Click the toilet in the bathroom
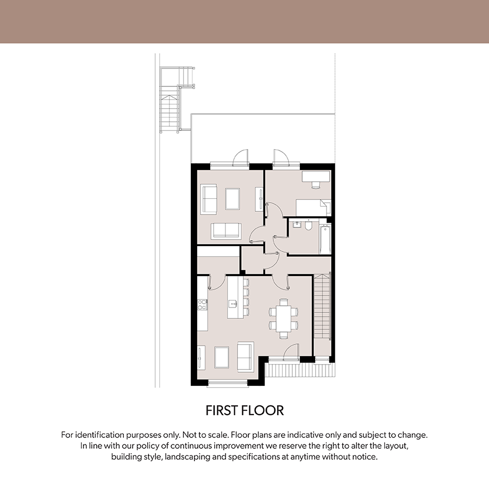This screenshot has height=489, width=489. (x=308, y=225)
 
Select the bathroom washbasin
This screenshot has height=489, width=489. (x=297, y=224)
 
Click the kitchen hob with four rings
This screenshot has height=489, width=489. (x=202, y=305)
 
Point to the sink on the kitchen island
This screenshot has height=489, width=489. (x=233, y=303)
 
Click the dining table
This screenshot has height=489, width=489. (x=284, y=319)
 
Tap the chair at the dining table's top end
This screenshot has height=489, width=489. (x=284, y=302)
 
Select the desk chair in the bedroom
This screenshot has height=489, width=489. (x=316, y=185)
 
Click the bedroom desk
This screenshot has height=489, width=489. (x=316, y=176)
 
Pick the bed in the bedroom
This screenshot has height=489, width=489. (x=313, y=208)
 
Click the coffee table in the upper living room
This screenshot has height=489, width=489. (x=233, y=199)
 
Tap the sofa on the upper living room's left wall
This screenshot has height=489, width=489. (x=209, y=199)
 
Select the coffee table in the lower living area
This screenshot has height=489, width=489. (x=222, y=358)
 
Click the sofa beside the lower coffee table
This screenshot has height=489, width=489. (x=246, y=356)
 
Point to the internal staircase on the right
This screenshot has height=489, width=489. (x=322, y=306)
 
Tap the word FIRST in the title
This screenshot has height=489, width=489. (x=223, y=410)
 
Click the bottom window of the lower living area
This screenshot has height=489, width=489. (x=228, y=383)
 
